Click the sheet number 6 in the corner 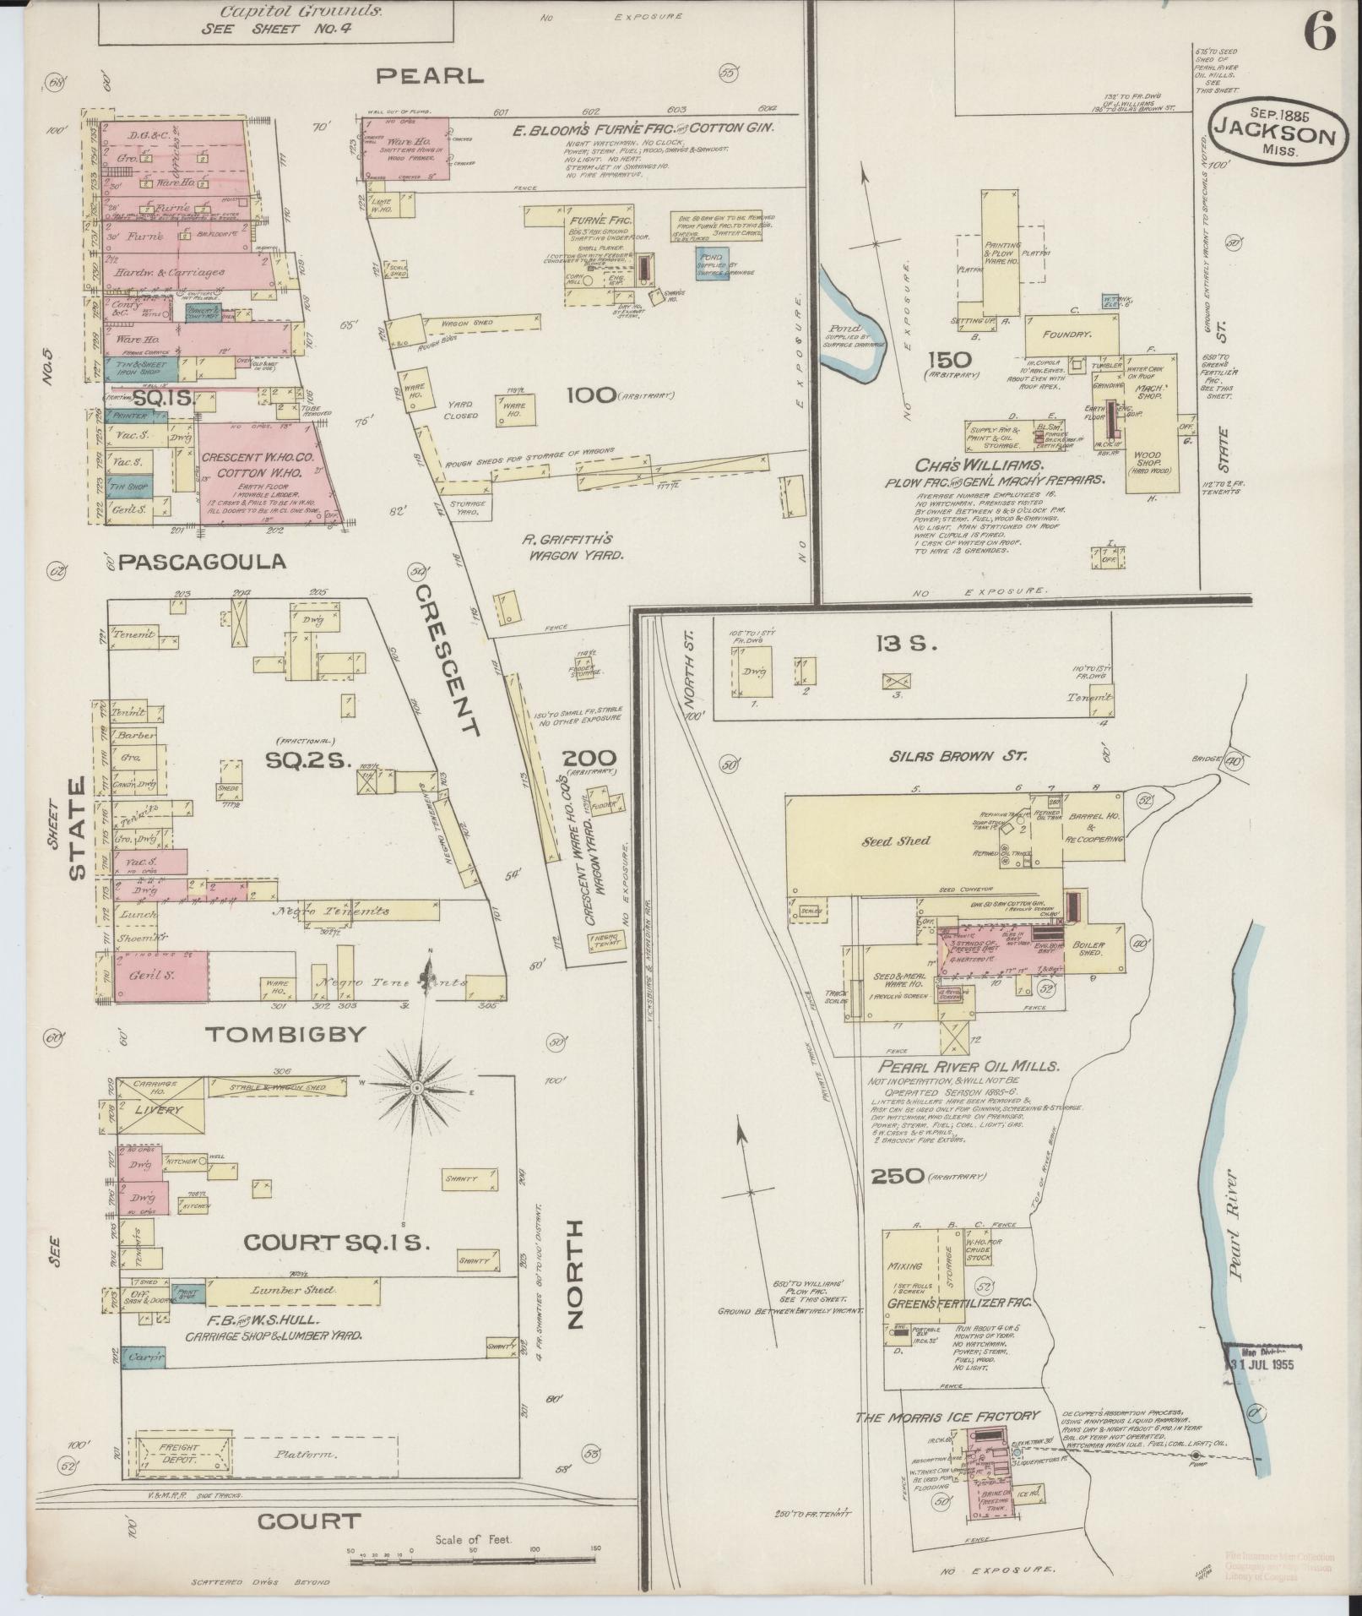pyautogui.click(x=1318, y=33)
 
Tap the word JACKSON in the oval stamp pyautogui.click(x=1276, y=136)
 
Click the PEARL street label pyautogui.click(x=430, y=76)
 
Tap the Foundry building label pyautogui.click(x=1067, y=335)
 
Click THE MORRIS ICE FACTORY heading pyautogui.click(x=947, y=1416)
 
